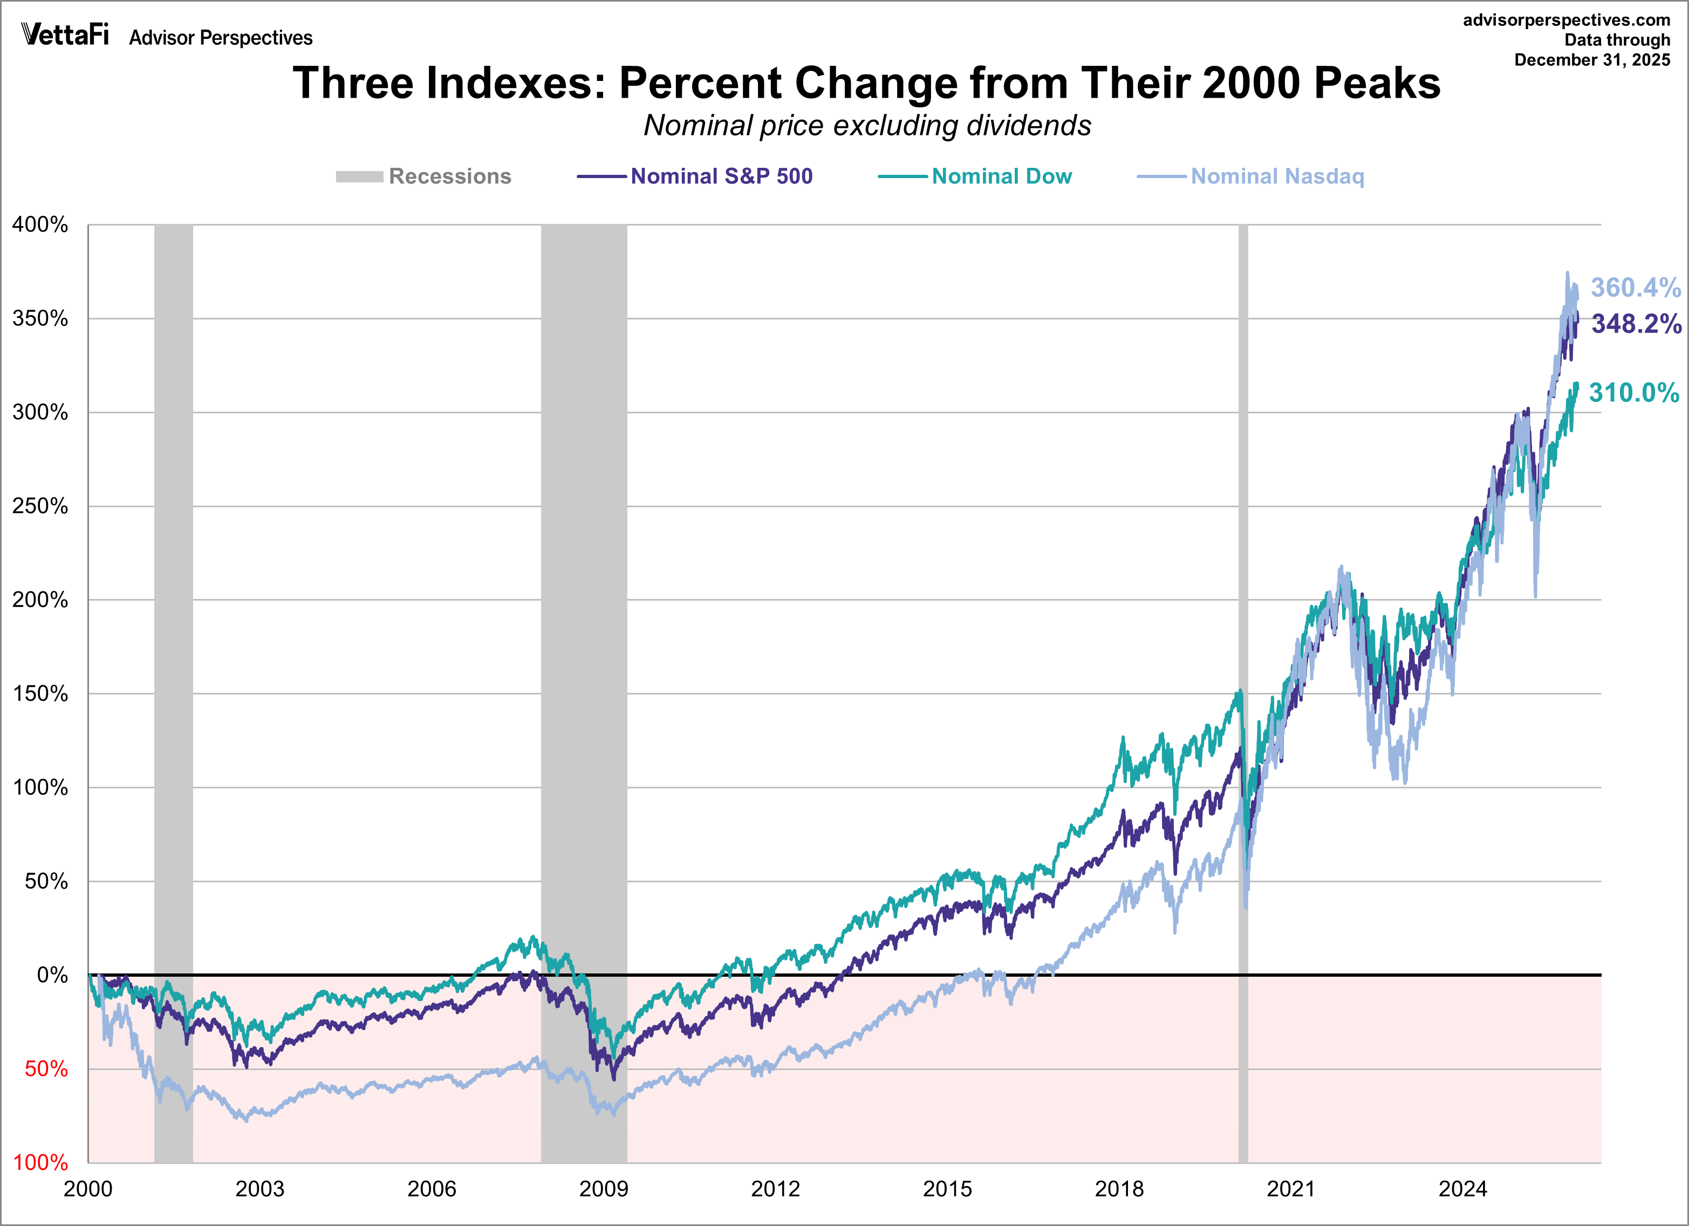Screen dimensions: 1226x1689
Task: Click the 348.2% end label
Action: coord(1636,324)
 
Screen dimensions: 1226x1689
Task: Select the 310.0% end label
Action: coord(1634,392)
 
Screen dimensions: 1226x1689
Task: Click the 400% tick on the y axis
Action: coord(40,225)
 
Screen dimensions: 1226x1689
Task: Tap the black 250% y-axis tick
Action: coord(40,507)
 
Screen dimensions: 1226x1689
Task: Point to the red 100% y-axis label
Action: coord(40,1163)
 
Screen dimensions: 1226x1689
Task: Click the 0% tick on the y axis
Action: coord(52,975)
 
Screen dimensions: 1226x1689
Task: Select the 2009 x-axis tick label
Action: coord(603,1189)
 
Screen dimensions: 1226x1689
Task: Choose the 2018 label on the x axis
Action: coord(1119,1189)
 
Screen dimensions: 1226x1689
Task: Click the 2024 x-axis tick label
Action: coord(1462,1189)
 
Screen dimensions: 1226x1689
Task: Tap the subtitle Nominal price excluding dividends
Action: coord(867,126)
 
